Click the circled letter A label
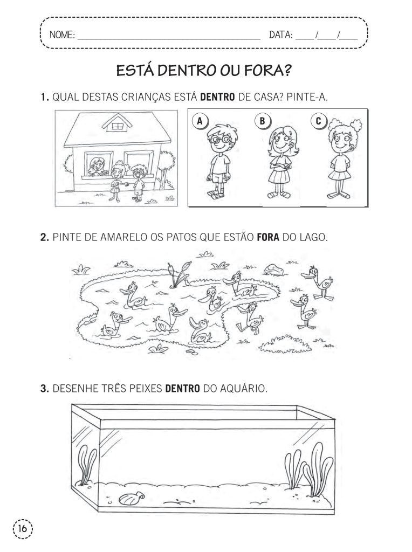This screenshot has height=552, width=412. tap(200, 121)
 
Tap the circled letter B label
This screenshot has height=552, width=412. tap(262, 121)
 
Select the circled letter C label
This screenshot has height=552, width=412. tap(318, 121)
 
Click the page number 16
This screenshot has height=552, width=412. tap(23, 528)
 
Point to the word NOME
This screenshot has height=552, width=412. tap(63, 35)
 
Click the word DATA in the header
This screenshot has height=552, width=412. tap(281, 35)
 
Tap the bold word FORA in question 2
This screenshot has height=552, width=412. tap(269, 237)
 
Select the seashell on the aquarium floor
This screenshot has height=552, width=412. tap(132, 498)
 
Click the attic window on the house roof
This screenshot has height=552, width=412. tap(116, 126)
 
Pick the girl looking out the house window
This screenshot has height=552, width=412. tap(97, 167)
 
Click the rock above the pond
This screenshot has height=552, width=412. tap(273, 270)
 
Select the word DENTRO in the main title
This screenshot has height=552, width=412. tap(187, 71)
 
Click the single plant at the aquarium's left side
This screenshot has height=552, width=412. tap(86, 465)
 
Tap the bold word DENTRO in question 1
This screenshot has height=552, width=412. tap(217, 97)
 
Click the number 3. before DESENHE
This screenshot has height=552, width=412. tap(44, 389)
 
